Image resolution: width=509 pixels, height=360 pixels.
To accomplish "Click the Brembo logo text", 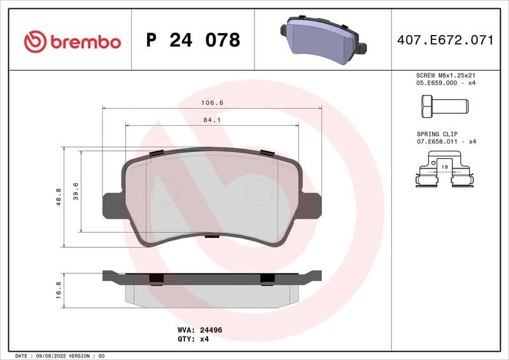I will coord(85,42).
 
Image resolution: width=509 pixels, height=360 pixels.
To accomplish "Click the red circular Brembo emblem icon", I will coord(35,42).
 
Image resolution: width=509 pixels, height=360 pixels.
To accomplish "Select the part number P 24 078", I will coord(193,40).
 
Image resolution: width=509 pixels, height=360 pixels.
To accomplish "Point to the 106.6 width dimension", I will coord(213,102).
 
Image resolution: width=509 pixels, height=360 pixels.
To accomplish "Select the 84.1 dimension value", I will coord(213,119).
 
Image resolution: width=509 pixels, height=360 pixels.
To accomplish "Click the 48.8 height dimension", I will coord(59,197).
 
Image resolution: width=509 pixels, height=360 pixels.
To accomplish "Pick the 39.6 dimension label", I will coord(76,191).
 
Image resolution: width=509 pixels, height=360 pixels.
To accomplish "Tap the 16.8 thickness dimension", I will coord(59,290).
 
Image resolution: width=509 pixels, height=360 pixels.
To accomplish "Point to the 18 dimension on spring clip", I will coord(444,166).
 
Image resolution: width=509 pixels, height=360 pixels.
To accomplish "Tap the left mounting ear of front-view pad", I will coord(111,205).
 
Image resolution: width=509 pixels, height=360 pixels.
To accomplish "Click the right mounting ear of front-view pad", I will coord(312,205).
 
